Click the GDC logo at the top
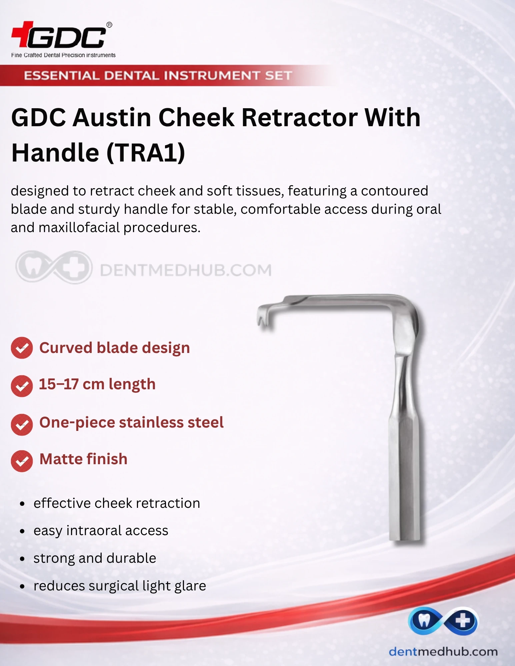pos(62,35)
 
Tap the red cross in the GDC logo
pos(22,34)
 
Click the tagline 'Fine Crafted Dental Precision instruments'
pos(63,55)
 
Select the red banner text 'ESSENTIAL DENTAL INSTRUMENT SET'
pos(158,76)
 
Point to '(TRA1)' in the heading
pos(146,153)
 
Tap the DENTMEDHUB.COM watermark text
pos(186,270)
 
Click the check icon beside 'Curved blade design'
pos(22,348)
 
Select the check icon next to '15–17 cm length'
pos(22,386)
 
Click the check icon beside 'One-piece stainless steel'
pos(22,425)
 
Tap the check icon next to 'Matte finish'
pos(22,461)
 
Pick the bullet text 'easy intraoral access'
pos(101,531)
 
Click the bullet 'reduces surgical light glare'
pos(120,586)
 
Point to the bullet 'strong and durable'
pos(95,558)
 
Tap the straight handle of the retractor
pos(404,473)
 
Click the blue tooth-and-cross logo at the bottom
pos(443,621)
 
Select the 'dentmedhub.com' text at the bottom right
pos(443,652)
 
